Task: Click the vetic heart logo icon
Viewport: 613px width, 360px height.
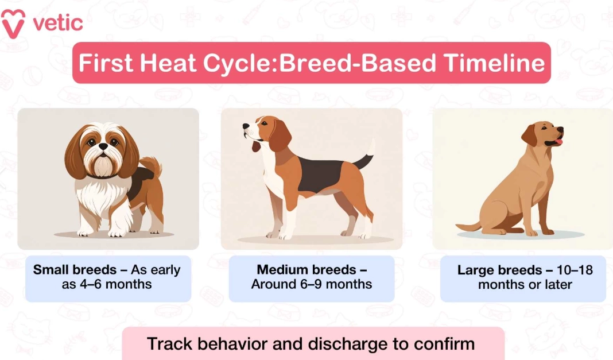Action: [13, 22]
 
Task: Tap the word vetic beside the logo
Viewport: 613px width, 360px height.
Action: [58, 23]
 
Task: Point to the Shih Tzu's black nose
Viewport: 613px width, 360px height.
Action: [102, 147]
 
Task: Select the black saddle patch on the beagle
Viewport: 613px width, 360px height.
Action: [322, 175]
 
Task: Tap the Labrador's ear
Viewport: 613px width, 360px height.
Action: [529, 136]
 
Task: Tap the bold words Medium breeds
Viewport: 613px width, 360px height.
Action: [306, 270]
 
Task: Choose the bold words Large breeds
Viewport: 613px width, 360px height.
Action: [499, 270]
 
